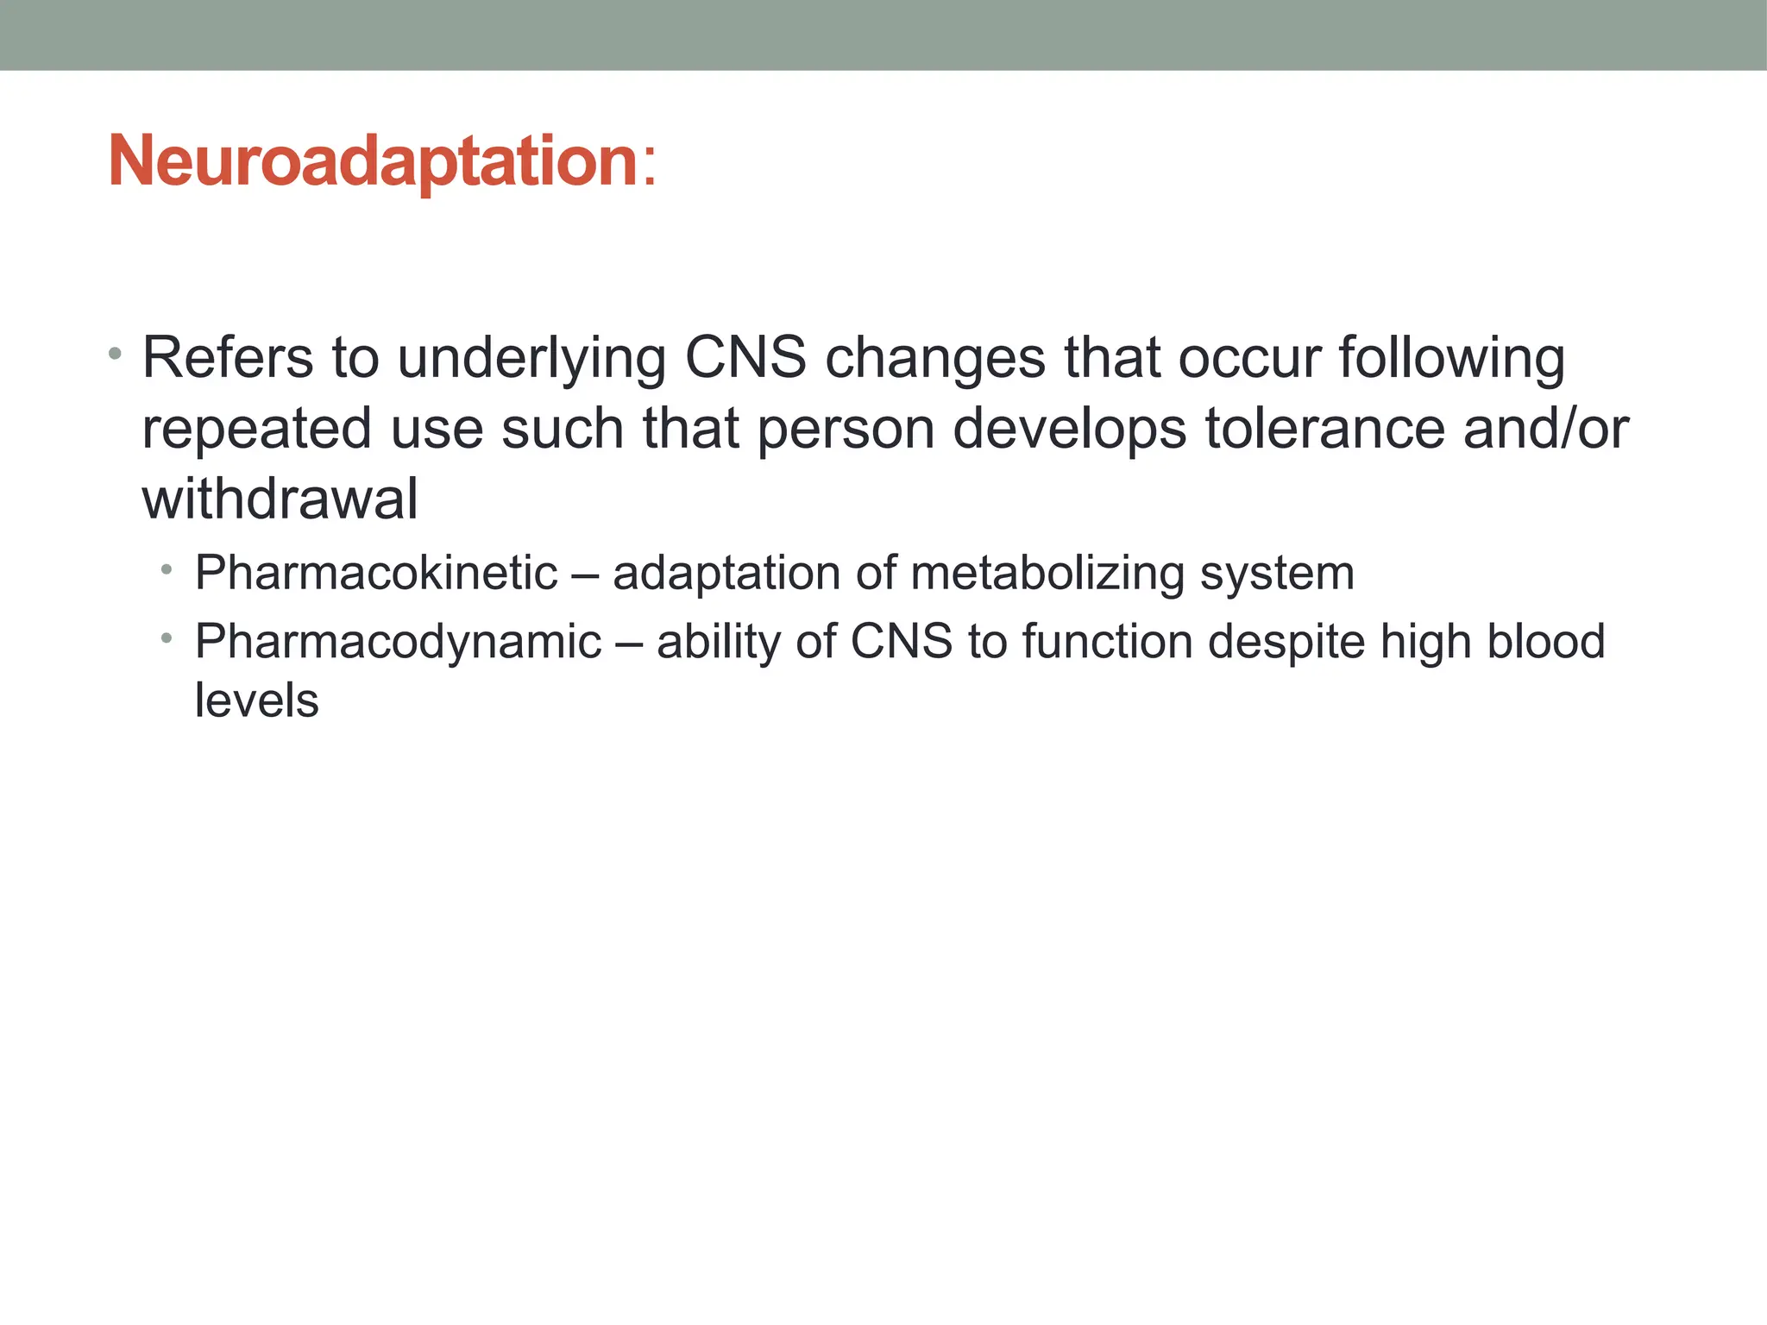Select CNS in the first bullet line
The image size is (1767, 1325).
[x=745, y=358]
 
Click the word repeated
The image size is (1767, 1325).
[x=256, y=430]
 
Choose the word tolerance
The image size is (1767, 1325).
[x=1324, y=429]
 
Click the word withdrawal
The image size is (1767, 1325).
[x=280, y=499]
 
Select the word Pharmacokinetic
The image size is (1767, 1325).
[x=376, y=573]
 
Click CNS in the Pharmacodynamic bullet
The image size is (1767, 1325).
[x=901, y=642]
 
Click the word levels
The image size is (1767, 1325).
[x=256, y=700]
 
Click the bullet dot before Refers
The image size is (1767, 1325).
[x=116, y=354]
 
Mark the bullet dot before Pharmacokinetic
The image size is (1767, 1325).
[x=167, y=569]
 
